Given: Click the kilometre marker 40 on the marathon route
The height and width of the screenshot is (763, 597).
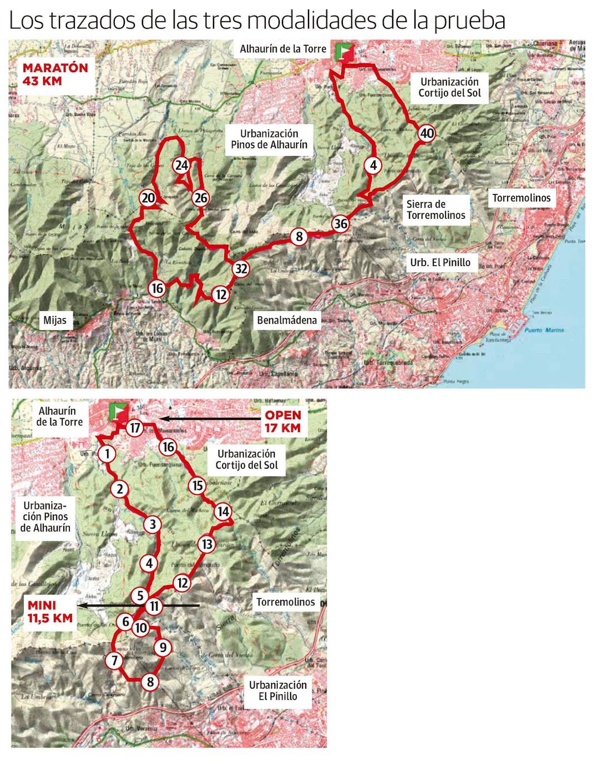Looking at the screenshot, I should click(x=427, y=133).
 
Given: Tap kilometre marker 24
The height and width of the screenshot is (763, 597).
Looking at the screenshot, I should click(x=181, y=165).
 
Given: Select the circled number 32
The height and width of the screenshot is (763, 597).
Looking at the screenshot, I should click(x=241, y=269).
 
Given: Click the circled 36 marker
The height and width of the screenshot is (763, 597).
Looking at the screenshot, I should click(x=341, y=224).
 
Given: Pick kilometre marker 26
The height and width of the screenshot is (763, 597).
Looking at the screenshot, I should click(x=200, y=198).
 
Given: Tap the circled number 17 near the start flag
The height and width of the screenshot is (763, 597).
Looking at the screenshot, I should click(x=135, y=428).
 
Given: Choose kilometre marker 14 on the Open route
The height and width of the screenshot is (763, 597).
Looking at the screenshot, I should click(x=223, y=511).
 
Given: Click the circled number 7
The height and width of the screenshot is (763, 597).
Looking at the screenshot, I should click(x=114, y=660).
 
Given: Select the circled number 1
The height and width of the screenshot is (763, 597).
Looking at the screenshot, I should click(x=107, y=454).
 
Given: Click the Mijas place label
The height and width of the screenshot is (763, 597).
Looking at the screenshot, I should click(x=55, y=320).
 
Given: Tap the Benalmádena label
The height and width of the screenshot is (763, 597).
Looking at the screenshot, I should click(x=287, y=320).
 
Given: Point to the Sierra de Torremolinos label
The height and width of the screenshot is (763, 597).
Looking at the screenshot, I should click(x=436, y=210).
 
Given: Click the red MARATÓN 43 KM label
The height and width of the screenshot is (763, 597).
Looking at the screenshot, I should click(x=55, y=74).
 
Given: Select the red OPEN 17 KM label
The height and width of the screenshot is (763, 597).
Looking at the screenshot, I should click(x=283, y=421).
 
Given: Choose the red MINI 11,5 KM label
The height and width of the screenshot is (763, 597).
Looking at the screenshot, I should click(x=50, y=612).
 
